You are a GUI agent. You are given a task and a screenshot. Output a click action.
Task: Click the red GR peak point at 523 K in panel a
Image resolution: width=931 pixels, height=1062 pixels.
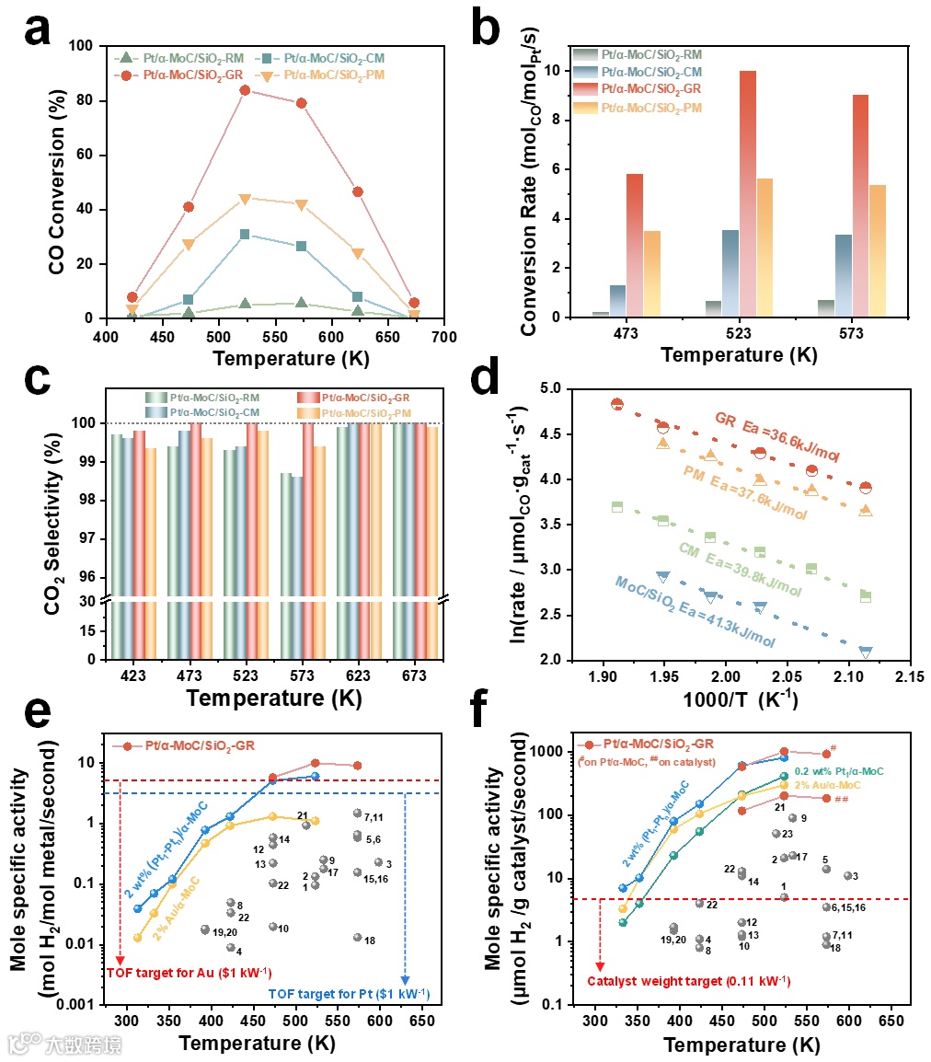point(245,90)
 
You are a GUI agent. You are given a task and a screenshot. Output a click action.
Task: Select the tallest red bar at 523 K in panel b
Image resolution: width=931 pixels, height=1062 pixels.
point(747,193)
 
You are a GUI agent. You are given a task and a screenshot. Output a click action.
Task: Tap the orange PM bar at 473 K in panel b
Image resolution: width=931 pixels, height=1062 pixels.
point(651,273)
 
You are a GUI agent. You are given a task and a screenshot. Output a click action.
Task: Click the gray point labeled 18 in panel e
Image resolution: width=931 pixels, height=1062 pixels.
point(357,938)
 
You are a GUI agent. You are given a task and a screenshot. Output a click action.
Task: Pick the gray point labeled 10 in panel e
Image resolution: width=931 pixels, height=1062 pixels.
point(272,927)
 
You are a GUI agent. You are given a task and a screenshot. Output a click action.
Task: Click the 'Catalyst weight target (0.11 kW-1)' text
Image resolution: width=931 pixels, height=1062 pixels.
point(689,981)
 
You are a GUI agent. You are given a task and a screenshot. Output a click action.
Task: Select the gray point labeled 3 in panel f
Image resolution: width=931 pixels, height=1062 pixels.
point(847,875)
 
